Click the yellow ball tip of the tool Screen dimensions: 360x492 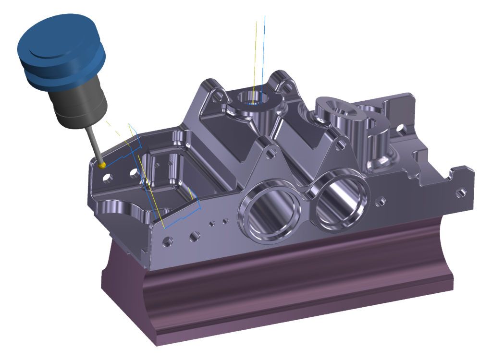[x=101, y=165]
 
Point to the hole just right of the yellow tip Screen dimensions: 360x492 [x=110, y=178]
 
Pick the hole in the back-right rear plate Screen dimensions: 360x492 [x=401, y=129]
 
